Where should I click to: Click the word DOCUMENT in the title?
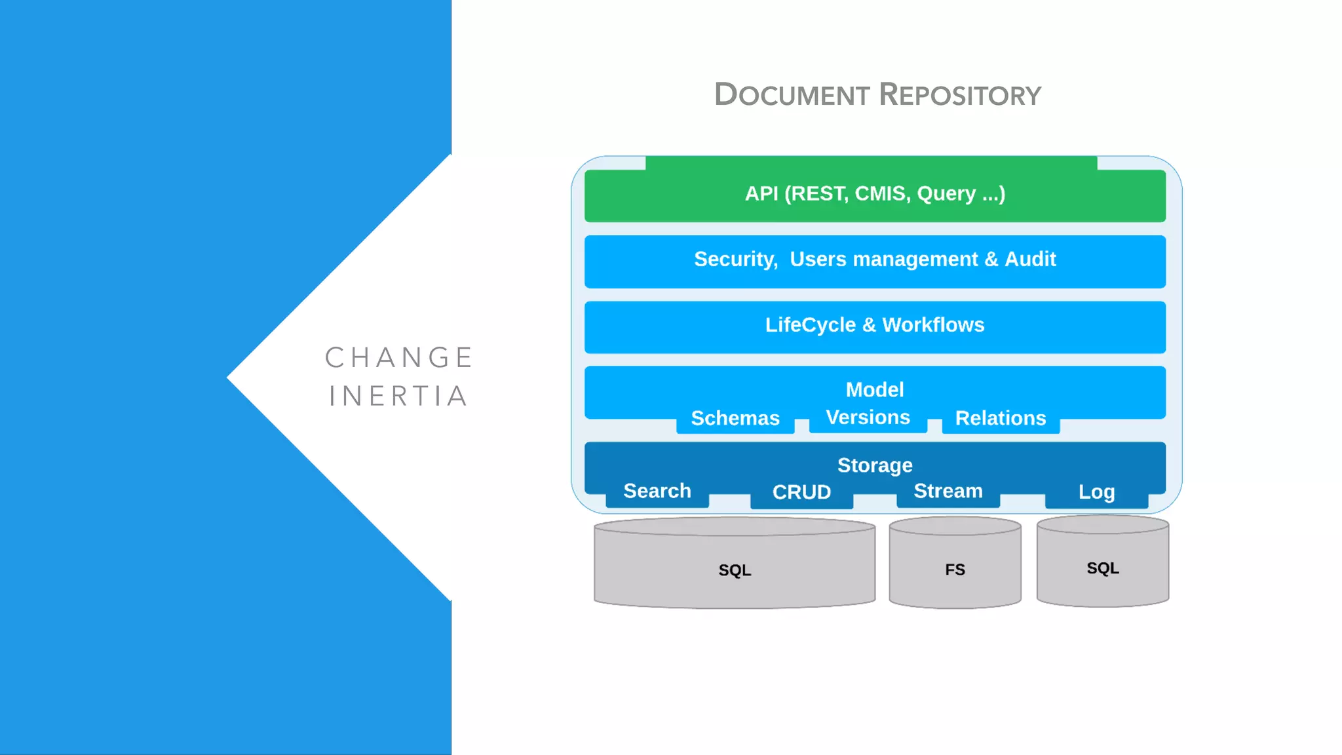click(x=792, y=95)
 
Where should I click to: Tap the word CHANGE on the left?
click(x=399, y=358)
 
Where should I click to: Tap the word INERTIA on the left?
click(x=399, y=397)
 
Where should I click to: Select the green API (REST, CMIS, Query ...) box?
click(x=875, y=194)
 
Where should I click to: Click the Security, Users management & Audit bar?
click(x=875, y=260)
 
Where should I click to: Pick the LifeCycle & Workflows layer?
click(x=875, y=326)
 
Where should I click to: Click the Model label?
click(x=875, y=390)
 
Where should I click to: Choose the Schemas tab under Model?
click(x=735, y=418)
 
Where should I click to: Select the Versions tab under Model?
click(x=868, y=417)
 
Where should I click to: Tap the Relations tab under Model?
click(x=1001, y=418)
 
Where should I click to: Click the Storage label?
click(x=875, y=465)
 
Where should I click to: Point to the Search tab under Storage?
click(x=657, y=492)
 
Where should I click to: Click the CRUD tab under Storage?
click(x=801, y=492)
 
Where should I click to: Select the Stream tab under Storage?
click(x=948, y=492)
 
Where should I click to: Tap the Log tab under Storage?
click(x=1096, y=492)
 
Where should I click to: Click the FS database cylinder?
click(x=955, y=569)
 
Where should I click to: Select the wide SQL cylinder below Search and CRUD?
click(x=735, y=569)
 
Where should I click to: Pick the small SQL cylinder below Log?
click(x=1103, y=568)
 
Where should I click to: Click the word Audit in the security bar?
click(x=1030, y=260)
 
